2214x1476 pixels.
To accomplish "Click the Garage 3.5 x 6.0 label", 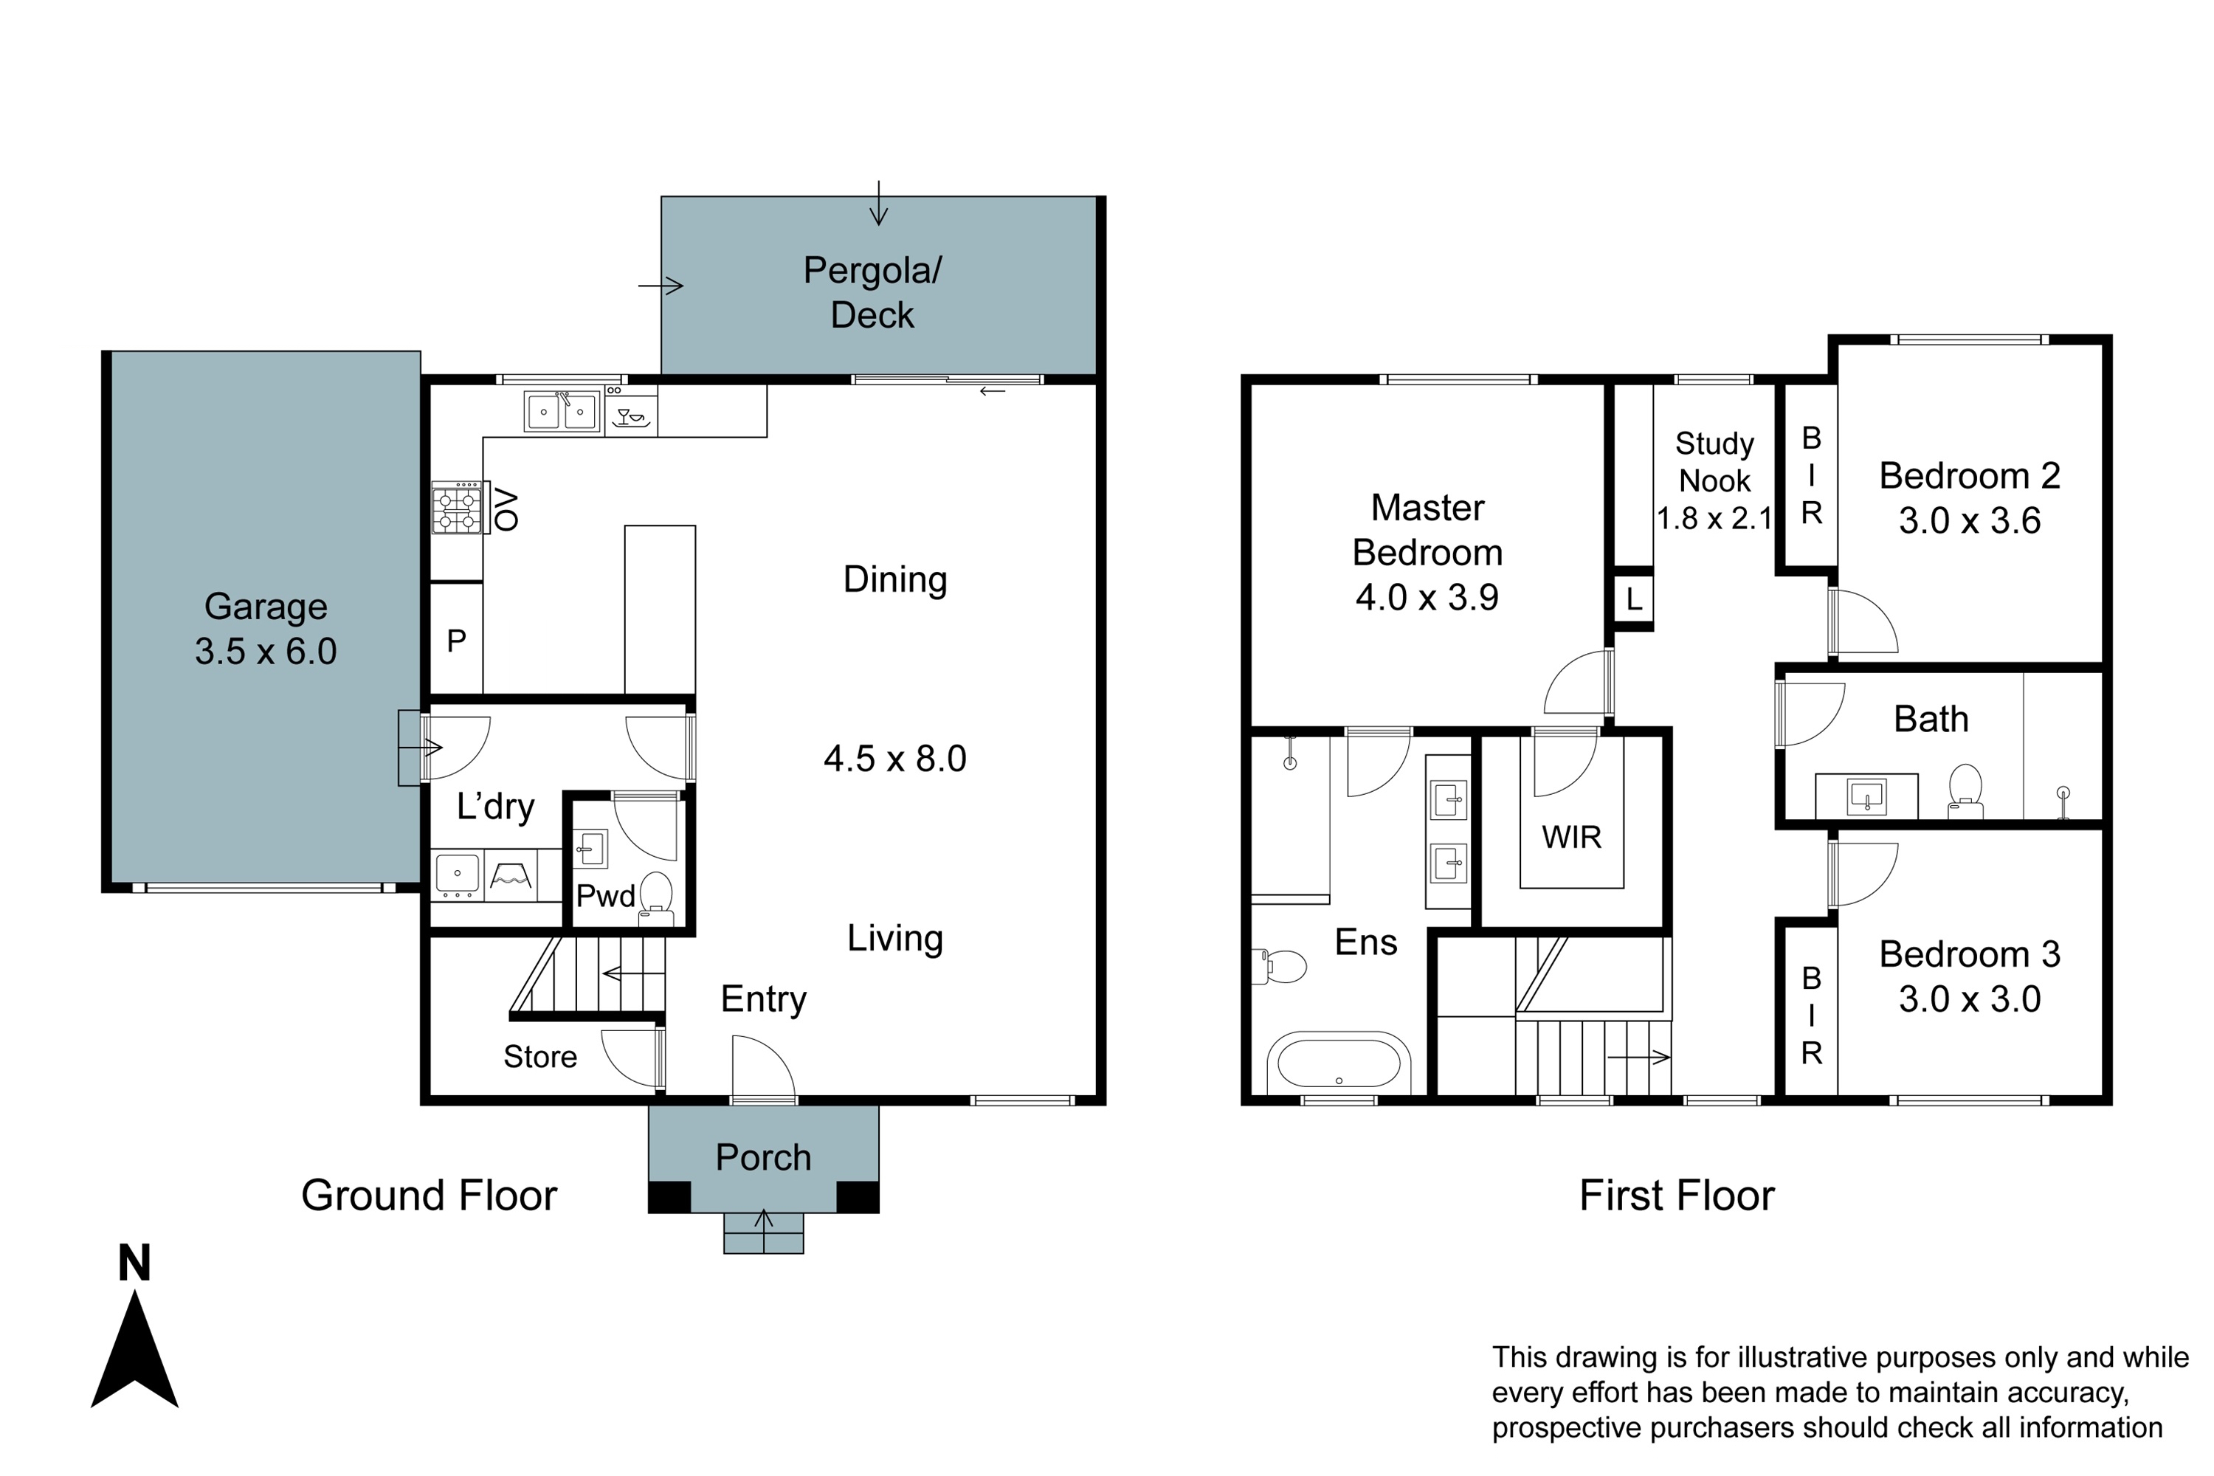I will click(x=266, y=629).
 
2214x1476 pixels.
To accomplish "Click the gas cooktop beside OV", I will click(x=457, y=508).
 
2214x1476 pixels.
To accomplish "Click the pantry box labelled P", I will click(x=457, y=640).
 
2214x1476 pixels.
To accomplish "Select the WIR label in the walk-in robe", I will click(x=1571, y=837).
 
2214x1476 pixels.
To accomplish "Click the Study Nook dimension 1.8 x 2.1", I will click(x=1714, y=519).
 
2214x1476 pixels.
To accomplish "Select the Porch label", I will click(x=762, y=1158).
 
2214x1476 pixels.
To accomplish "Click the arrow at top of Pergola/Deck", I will click(x=878, y=204).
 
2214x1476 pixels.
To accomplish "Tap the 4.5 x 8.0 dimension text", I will click(x=894, y=759).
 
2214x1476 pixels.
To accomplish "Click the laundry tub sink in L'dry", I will click(x=458, y=874).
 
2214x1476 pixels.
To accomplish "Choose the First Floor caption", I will click(x=1677, y=1196).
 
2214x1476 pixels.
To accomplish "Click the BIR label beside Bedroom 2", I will click(x=1811, y=475).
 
